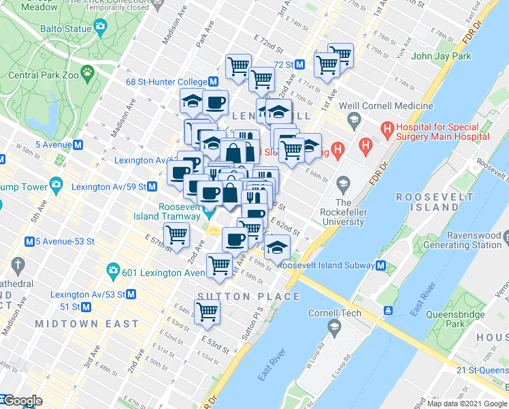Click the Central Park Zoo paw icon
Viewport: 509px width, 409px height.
tap(88, 71)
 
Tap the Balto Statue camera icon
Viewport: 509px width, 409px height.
tap(101, 27)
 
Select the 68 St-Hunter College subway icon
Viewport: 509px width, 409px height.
tap(213, 81)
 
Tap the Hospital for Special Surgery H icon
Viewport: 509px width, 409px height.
tap(387, 127)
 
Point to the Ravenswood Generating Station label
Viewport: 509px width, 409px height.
tap(462, 239)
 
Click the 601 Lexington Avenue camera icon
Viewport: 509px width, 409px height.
tap(113, 273)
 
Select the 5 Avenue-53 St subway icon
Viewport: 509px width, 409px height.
tap(29, 241)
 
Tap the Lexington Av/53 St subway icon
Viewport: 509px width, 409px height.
tap(131, 294)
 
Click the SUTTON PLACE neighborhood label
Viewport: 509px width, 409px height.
tap(248, 296)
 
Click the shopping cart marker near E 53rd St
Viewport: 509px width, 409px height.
tap(207, 312)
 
